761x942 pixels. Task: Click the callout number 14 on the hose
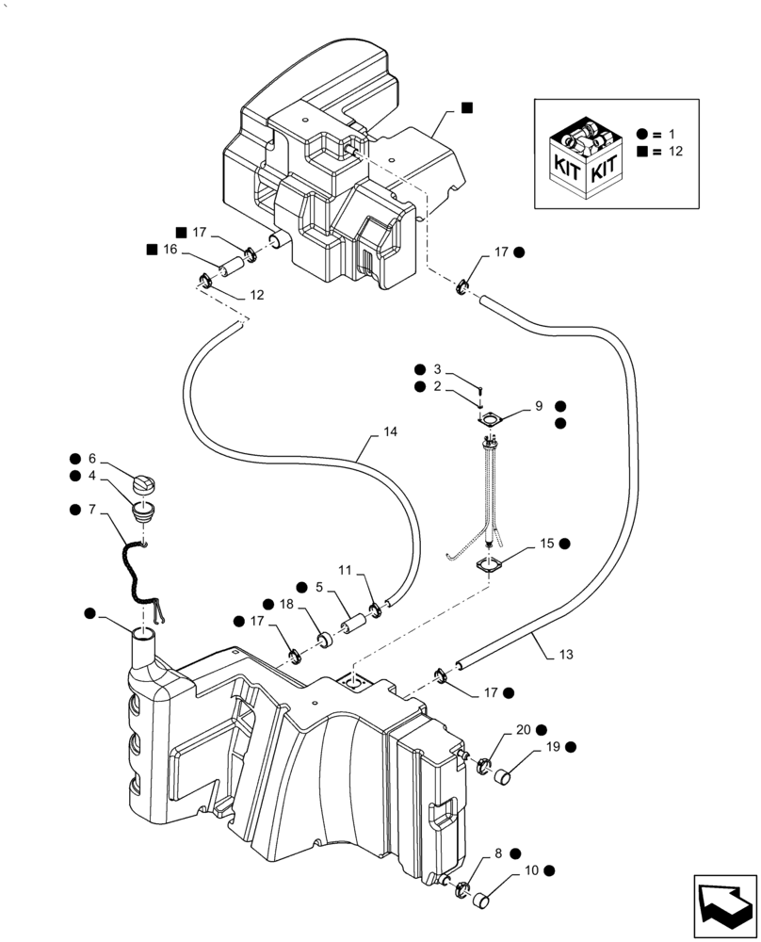click(x=390, y=430)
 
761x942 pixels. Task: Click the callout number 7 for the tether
click(x=91, y=510)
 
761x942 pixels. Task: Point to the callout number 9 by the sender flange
click(x=539, y=406)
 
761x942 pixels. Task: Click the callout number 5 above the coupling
click(x=319, y=586)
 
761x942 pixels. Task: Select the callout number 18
click(x=285, y=604)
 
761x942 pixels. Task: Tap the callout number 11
click(x=345, y=571)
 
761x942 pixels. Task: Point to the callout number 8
click(x=498, y=853)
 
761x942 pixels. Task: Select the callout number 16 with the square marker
click(x=170, y=251)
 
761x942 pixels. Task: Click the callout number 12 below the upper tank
click(x=256, y=295)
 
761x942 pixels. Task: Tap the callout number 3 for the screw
click(x=436, y=368)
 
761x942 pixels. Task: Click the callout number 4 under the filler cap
click(x=92, y=476)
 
